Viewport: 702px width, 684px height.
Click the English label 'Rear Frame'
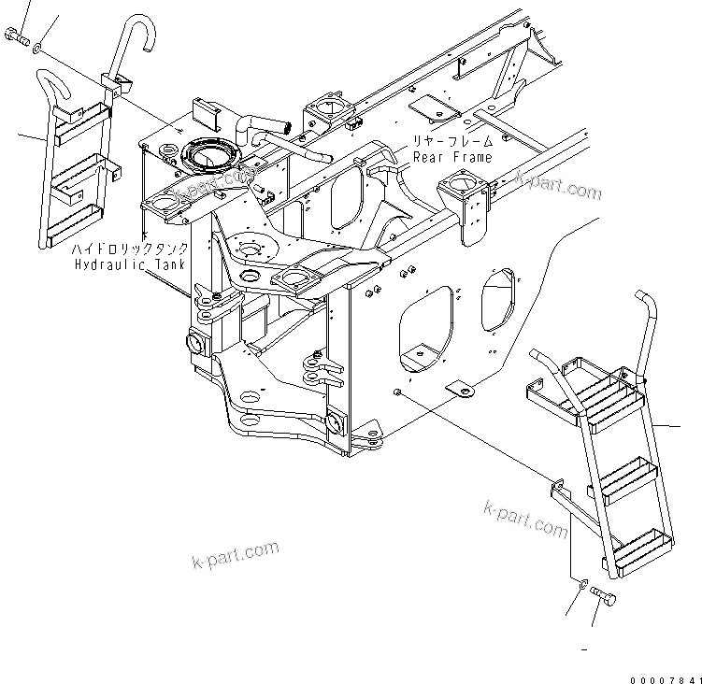(x=452, y=157)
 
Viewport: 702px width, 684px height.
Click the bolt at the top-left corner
(x=16, y=37)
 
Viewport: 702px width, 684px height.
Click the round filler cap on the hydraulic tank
(x=211, y=155)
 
